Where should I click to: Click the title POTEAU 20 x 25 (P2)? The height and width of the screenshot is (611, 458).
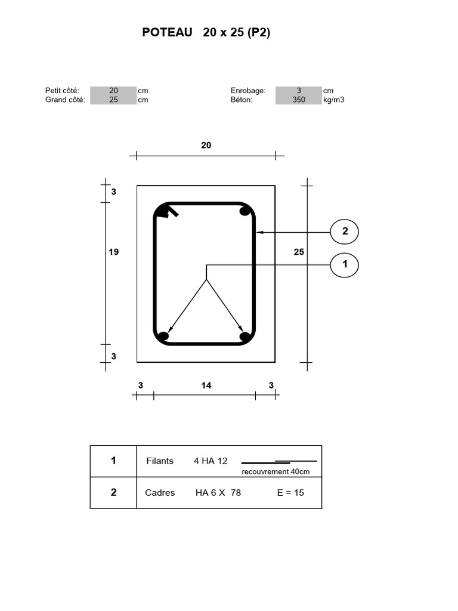pos(206,33)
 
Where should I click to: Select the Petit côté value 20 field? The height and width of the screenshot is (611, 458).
pos(113,91)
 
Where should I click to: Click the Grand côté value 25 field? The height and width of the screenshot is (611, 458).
pos(113,100)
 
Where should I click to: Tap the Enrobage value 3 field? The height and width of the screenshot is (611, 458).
pos(299,91)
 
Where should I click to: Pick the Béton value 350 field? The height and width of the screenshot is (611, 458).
pos(299,100)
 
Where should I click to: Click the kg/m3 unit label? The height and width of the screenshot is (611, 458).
pos(334,100)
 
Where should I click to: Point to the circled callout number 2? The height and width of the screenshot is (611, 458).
pos(345,232)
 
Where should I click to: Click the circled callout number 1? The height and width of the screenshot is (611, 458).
pos(345,264)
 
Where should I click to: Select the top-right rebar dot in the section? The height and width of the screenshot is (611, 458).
pos(245,211)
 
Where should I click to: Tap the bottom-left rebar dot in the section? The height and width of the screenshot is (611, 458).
pos(163,337)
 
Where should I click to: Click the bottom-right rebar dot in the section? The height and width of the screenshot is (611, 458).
pos(245,337)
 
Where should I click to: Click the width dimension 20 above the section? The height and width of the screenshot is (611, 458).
pos(206,145)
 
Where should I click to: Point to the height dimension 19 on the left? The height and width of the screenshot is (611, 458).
pos(113,252)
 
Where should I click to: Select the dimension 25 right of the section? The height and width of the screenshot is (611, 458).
pos(299,252)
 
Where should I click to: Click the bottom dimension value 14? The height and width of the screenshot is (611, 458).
pos(206,385)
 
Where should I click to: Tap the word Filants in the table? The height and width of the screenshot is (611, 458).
pos(160,461)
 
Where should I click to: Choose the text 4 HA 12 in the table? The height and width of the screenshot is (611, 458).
pos(211,461)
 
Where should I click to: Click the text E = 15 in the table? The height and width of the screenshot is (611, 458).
pos(290,493)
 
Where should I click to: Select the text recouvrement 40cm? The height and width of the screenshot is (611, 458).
pos(276,471)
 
